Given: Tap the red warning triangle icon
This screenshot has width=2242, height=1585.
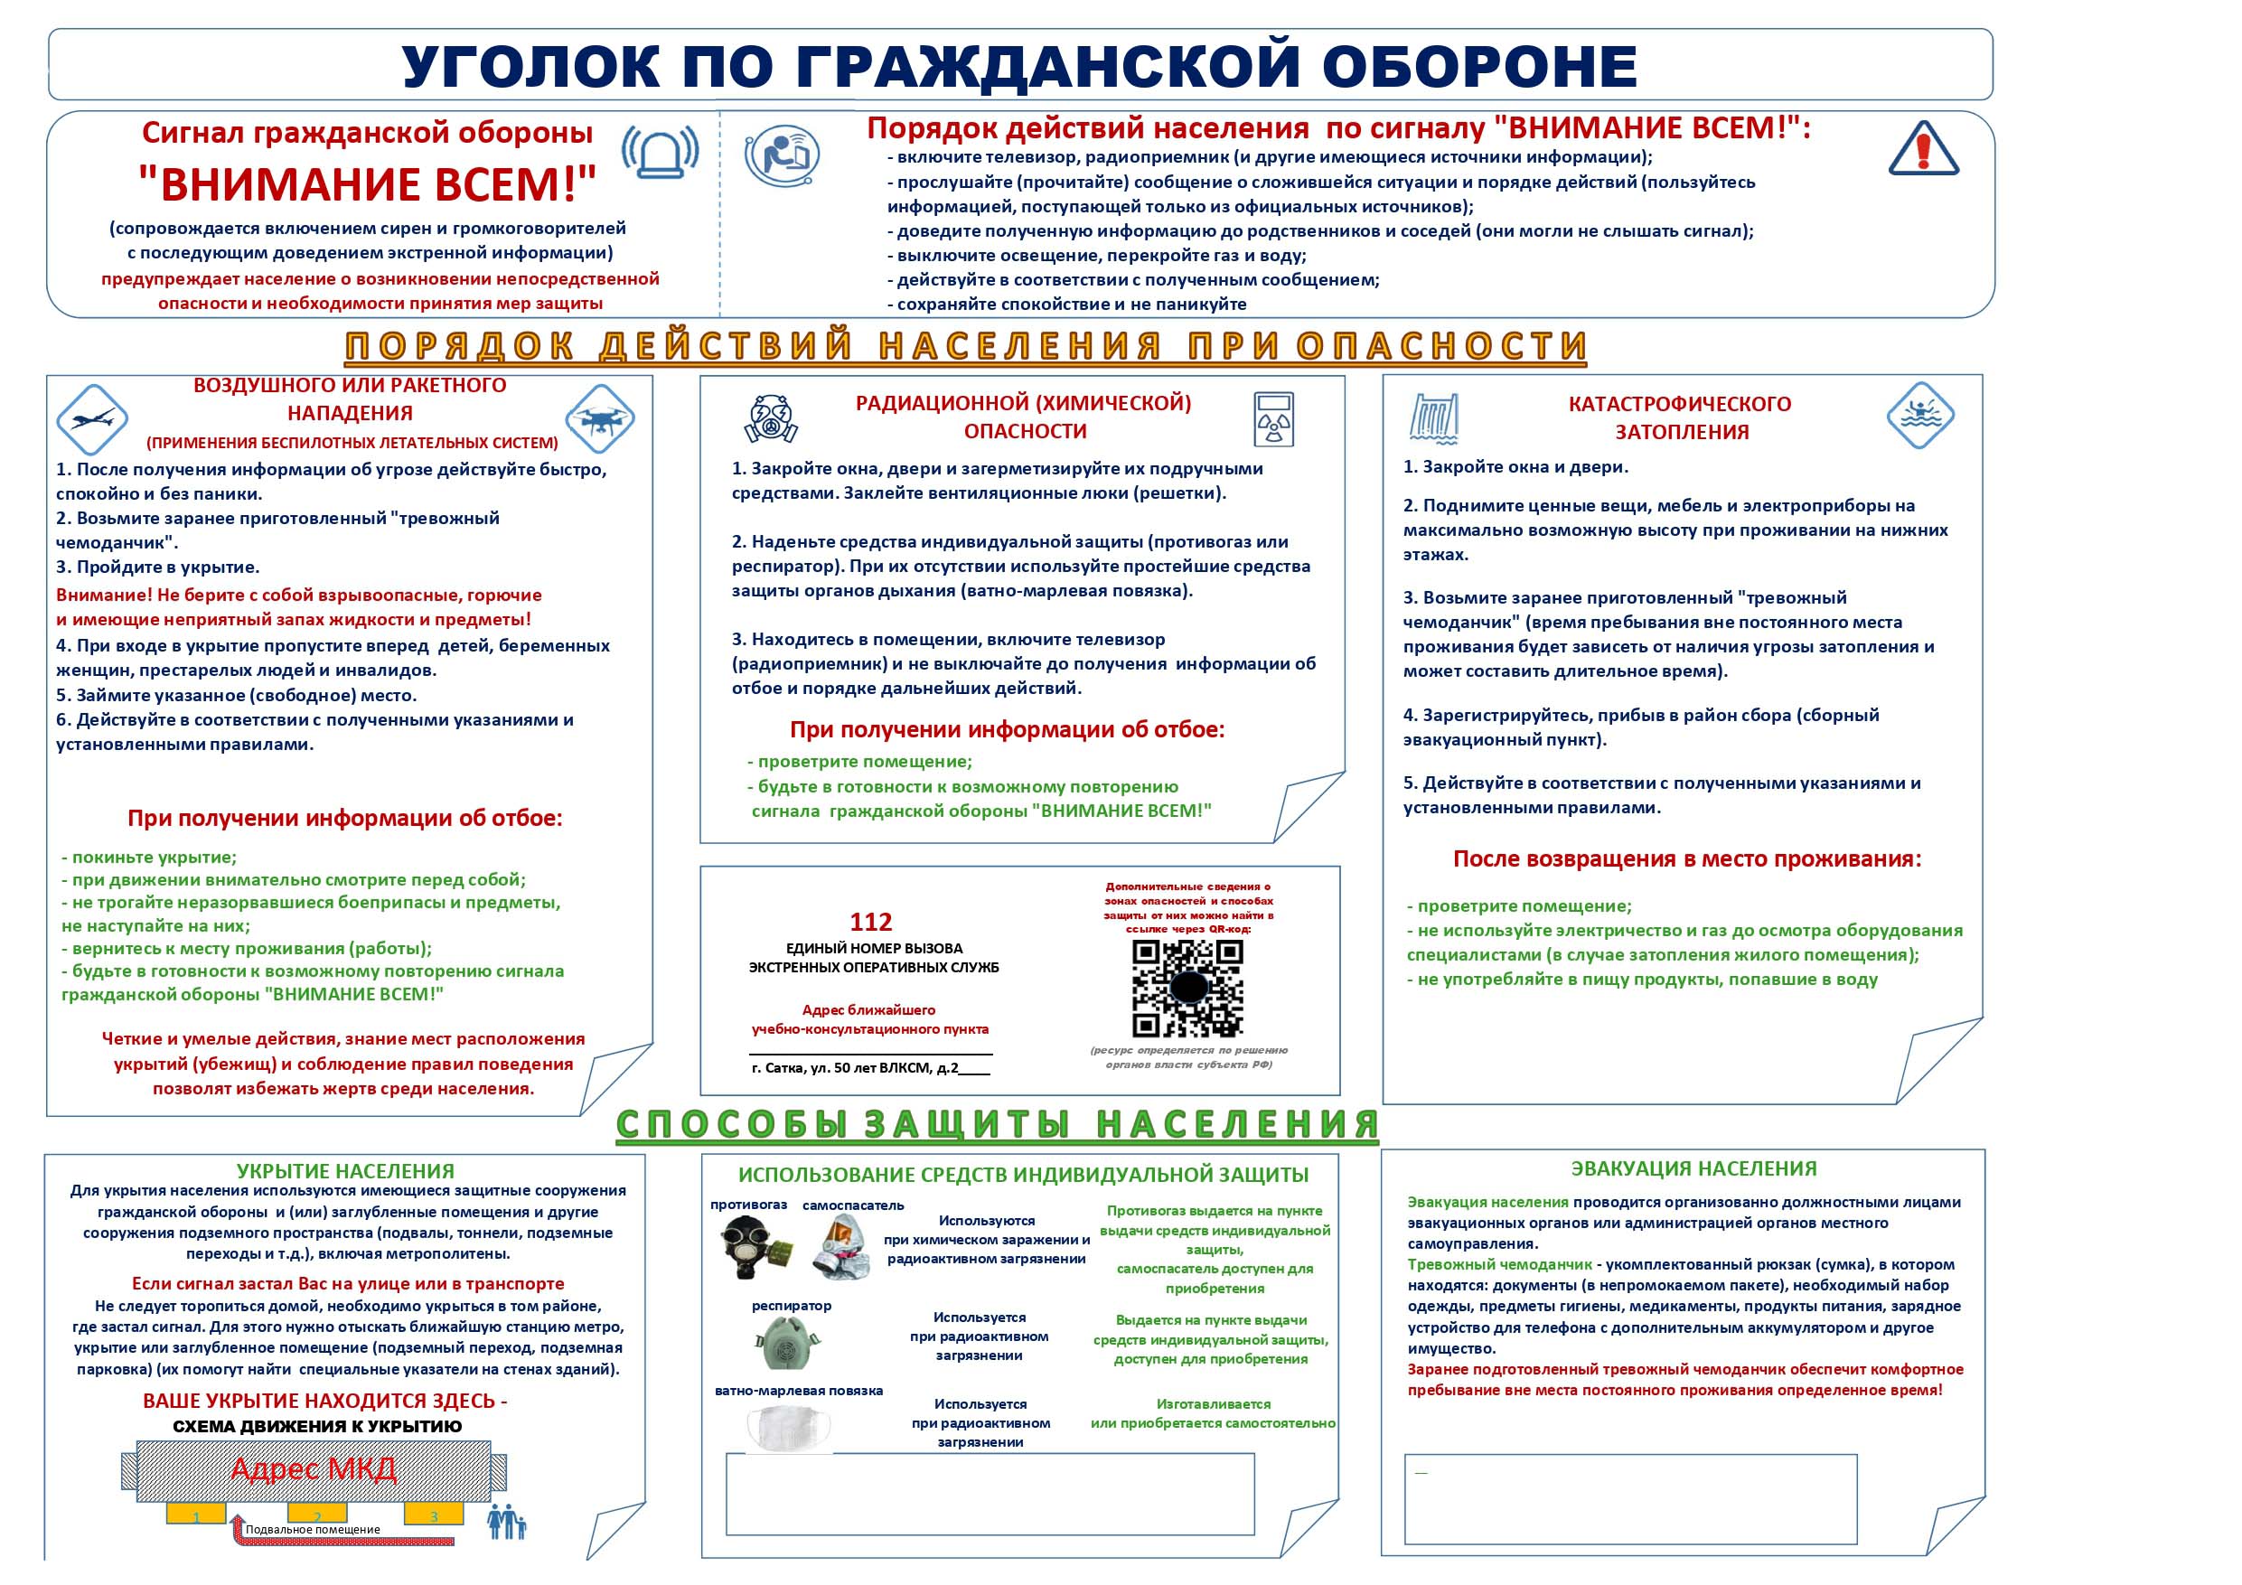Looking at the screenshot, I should click(x=1923, y=149).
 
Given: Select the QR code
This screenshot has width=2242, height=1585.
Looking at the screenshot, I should click(x=1187, y=988).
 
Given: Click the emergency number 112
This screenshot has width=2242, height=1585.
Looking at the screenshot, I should click(x=870, y=922).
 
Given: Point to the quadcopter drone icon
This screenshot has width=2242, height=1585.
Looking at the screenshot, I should click(x=599, y=419).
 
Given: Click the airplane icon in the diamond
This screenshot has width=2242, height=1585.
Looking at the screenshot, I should click(x=92, y=419).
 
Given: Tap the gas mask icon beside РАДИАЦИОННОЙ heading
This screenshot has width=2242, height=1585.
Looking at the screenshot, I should click(x=772, y=419).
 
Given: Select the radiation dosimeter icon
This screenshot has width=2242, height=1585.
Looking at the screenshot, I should click(x=1273, y=419).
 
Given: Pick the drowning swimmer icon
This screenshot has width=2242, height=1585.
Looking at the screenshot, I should click(x=1920, y=414).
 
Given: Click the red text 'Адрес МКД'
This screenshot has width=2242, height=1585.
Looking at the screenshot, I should click(x=314, y=1468).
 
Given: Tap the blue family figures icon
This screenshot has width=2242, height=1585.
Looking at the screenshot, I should click(x=507, y=1522).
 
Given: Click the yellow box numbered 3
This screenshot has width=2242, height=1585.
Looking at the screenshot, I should click(x=434, y=1516).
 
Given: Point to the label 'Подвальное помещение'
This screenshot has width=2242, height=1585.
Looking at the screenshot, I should click(x=313, y=1529).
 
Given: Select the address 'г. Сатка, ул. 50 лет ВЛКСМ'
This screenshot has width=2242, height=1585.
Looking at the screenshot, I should click(x=856, y=1068).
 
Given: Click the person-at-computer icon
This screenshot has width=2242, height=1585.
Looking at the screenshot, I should click(x=783, y=154).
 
